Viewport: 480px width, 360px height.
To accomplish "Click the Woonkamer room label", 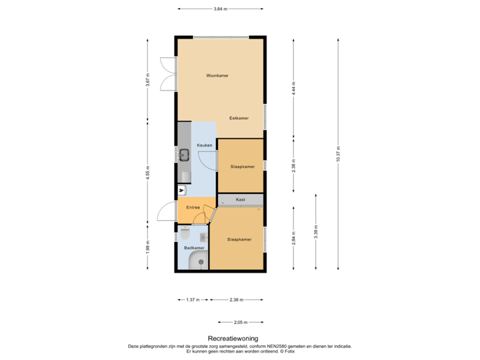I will [217, 76].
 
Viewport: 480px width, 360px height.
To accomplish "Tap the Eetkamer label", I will [239, 118].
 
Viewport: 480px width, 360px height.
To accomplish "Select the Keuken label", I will [204, 145].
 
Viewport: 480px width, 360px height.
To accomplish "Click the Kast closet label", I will [241, 199].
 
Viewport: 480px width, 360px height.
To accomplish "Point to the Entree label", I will [193, 208].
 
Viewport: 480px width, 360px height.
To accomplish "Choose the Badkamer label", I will [194, 248].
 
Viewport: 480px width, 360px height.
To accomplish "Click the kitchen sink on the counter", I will [185, 155].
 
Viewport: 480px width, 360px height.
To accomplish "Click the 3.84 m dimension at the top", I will [220, 9].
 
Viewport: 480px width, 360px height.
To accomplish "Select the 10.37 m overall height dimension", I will [338, 154].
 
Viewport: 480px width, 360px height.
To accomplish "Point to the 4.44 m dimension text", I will [294, 88].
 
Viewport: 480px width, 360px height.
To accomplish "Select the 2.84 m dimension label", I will [294, 238].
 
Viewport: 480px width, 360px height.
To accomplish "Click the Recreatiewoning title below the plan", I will [233, 339].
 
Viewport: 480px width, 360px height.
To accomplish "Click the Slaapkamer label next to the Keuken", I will [242, 166].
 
